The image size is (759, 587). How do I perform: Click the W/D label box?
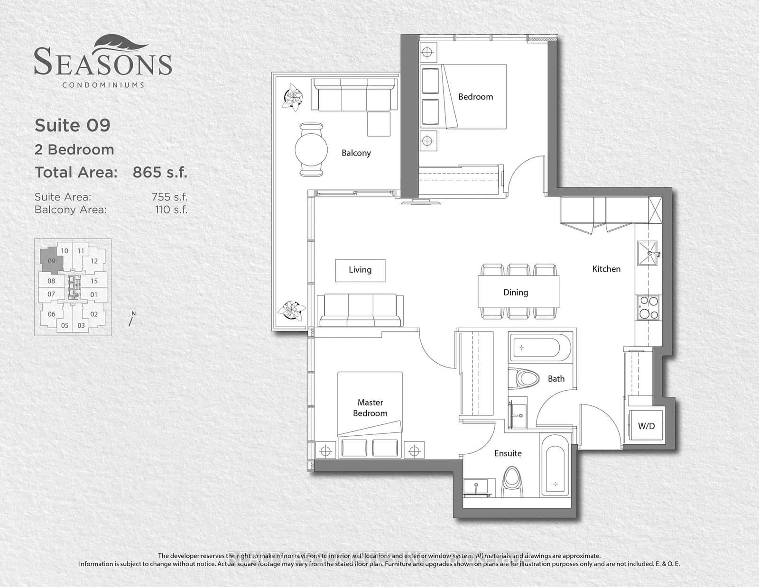point(646,426)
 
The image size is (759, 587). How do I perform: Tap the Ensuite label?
point(508,453)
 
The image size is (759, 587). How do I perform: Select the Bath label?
point(556,378)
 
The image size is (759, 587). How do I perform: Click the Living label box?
point(360,270)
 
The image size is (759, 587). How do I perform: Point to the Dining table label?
point(516,293)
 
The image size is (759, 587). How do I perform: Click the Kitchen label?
point(606,269)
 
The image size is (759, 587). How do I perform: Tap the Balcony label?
point(356,153)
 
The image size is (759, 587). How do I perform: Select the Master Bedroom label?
point(370,408)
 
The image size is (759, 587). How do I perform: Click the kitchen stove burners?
point(648,307)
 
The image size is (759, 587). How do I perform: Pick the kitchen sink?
point(648,254)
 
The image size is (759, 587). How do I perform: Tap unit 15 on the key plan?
point(94,281)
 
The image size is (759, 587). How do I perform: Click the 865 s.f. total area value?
point(160,172)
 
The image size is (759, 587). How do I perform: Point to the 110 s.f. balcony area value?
point(171,210)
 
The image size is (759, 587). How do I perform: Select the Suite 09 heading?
point(73,125)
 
